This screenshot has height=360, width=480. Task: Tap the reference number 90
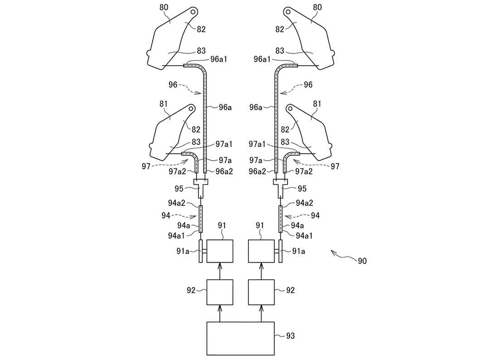click(x=362, y=261)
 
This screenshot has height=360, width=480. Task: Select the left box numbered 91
click(x=220, y=250)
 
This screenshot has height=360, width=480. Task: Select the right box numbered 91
click(x=261, y=250)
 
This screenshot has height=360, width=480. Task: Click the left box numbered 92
click(x=220, y=292)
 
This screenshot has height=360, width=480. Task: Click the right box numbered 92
click(x=261, y=292)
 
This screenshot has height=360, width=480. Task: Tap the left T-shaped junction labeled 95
click(x=200, y=185)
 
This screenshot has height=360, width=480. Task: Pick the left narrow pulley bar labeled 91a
click(x=200, y=251)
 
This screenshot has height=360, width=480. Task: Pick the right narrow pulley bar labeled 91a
click(x=281, y=251)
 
